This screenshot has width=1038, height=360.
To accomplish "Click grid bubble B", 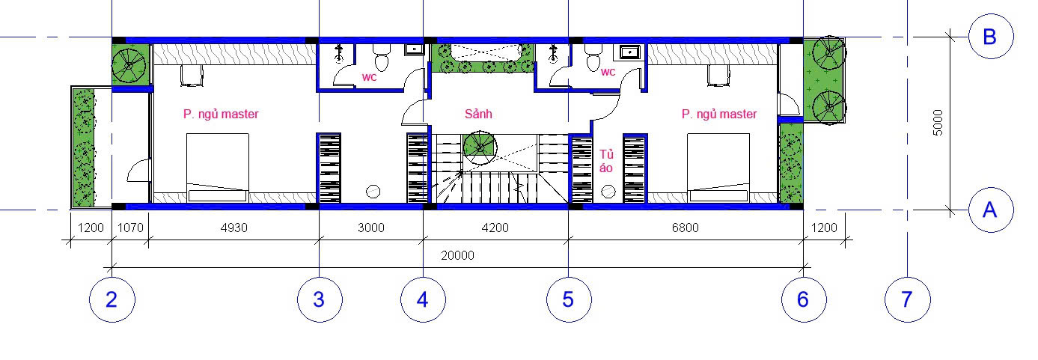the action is [991, 36].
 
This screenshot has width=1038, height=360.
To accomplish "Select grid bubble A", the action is [991, 210].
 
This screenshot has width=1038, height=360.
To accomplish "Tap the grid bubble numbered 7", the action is [907, 299].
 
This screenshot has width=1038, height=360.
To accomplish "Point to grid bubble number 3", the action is [320, 299].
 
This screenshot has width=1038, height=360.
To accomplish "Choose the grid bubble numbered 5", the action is [569, 299].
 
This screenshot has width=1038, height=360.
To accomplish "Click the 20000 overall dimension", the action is [457, 256].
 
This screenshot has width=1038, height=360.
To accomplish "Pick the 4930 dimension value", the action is [233, 228].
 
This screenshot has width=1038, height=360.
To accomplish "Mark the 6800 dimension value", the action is [685, 228].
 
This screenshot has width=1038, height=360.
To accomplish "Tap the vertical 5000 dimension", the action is [938, 123].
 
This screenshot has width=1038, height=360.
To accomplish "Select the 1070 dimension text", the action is [130, 228].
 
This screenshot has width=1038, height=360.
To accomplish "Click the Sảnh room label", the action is [478, 114].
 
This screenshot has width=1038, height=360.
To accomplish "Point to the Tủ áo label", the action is [606, 161].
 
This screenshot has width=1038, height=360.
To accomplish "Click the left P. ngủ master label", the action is [221, 115].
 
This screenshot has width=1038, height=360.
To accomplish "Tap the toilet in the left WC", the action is [382, 58].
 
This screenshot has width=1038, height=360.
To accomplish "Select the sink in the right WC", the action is [629, 52].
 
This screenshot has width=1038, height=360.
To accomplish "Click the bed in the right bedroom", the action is [718, 168].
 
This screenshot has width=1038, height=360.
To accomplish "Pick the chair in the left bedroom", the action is [192, 75].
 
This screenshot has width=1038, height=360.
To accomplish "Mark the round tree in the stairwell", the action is [480, 148].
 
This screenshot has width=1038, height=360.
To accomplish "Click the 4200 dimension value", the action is [495, 228].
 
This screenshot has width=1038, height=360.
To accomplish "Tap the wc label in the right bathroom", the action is [608, 73].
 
